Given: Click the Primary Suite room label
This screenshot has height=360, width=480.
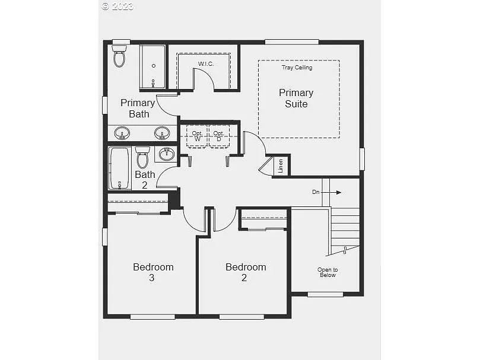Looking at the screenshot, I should (296, 98).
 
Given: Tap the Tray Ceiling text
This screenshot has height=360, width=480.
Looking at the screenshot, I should (297, 68).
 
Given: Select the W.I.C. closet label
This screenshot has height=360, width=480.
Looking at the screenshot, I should (206, 63).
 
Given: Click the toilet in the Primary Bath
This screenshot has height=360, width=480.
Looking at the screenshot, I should (120, 56).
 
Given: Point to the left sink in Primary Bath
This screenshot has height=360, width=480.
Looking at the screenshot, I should (122, 133).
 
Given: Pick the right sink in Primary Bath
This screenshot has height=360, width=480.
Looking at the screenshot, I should (162, 133).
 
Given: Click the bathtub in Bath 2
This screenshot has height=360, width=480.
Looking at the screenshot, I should (119, 168).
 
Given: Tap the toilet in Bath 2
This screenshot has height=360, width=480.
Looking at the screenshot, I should (142, 158).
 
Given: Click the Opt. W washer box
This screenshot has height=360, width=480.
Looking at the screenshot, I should (198, 136).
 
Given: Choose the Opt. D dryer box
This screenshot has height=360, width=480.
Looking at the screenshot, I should (219, 136).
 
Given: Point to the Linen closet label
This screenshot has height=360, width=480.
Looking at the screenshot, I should (281, 165).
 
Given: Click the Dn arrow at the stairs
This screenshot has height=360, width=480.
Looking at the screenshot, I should (326, 192).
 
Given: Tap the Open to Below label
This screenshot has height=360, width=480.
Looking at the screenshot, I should (327, 272).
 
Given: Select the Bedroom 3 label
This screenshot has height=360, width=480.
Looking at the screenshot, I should (153, 272).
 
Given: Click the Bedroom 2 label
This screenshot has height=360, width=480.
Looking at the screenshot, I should (246, 272).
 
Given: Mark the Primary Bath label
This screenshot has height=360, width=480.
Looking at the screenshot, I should (138, 108).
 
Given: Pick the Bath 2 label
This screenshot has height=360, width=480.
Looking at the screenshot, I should (145, 180).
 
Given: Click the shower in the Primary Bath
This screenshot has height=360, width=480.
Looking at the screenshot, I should (153, 66).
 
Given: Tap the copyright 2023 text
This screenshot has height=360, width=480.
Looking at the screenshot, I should (117, 7).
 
